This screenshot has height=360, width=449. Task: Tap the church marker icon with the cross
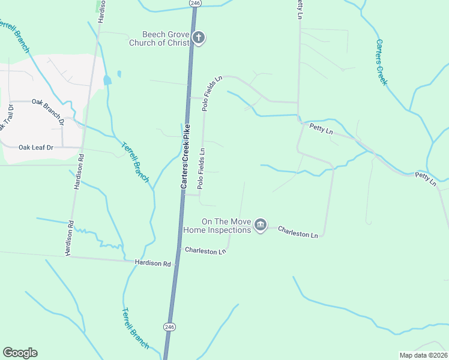click(x=199, y=38)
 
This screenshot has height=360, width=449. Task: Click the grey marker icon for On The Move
click(x=260, y=225)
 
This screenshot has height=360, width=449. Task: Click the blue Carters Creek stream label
click(x=381, y=62)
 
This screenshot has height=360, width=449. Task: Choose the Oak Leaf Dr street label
click(x=36, y=147)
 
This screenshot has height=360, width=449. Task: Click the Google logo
click(x=20, y=352)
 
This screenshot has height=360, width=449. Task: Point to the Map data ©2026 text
click(x=423, y=355)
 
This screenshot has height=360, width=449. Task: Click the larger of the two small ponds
click(x=107, y=80)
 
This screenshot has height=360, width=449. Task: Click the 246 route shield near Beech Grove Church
click(x=194, y=3)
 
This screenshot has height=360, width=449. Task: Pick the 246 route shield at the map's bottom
click(x=169, y=326)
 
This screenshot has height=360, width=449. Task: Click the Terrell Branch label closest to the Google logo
click(x=135, y=328)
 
